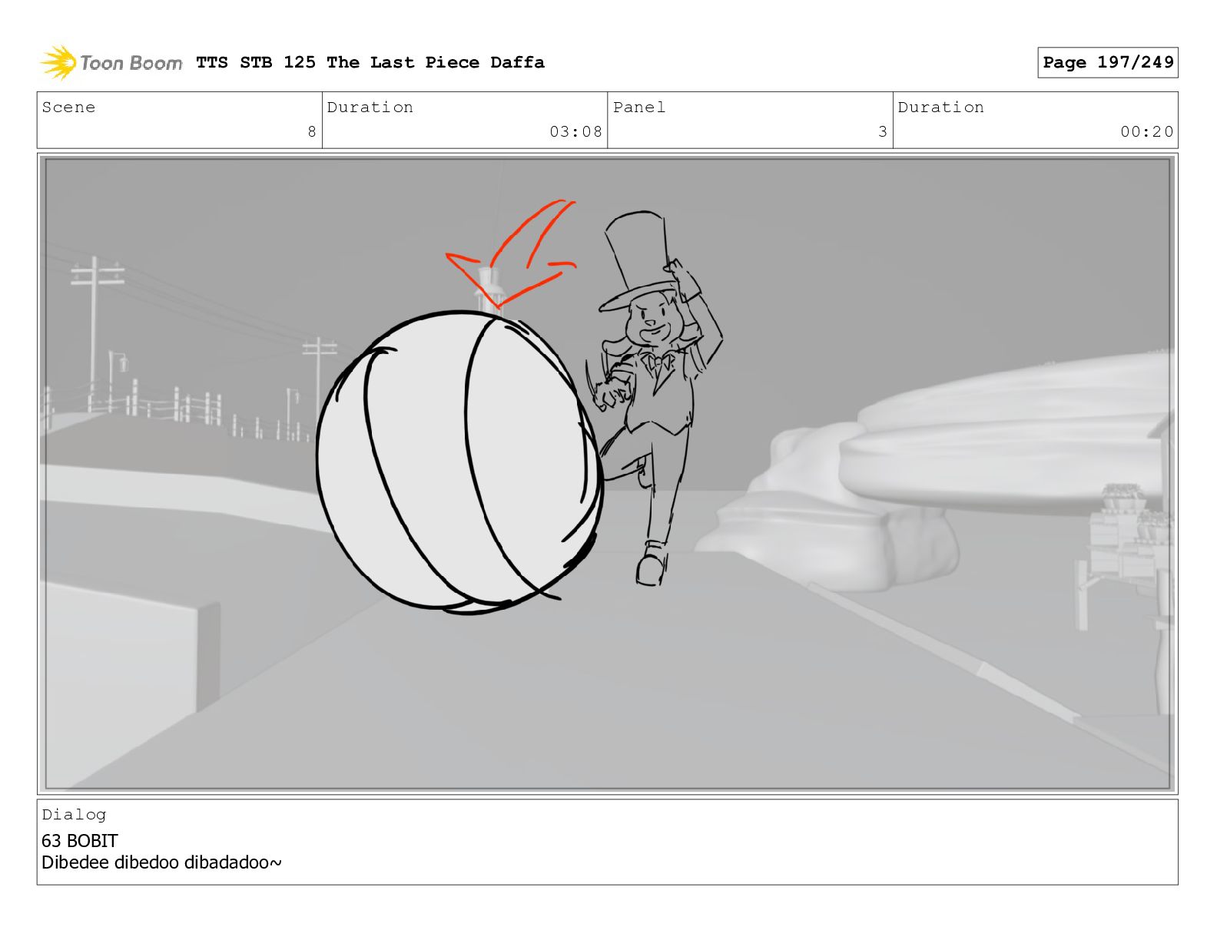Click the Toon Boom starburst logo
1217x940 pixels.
pyautogui.click(x=58, y=62)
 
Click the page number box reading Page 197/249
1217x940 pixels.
pyautogui.click(x=1107, y=62)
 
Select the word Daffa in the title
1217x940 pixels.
pyautogui.click(x=517, y=62)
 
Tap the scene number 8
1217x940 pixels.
pyautogui.click(x=312, y=131)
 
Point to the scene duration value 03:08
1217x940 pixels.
pyautogui.click(x=575, y=131)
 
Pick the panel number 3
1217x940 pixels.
pyautogui.click(x=883, y=131)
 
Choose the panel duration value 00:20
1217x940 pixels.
pyautogui.click(x=1146, y=131)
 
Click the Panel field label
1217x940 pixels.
pyautogui.click(x=639, y=107)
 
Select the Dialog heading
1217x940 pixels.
pyautogui.click(x=74, y=815)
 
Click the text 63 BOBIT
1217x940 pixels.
pyautogui.click(x=80, y=840)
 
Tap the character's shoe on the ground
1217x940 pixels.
pyautogui.click(x=652, y=564)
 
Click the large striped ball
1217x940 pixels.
pyautogui.click(x=459, y=462)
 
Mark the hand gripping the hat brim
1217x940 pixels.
pyautogui.click(x=682, y=278)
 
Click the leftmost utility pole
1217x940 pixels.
pyautogui.click(x=94, y=330)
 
